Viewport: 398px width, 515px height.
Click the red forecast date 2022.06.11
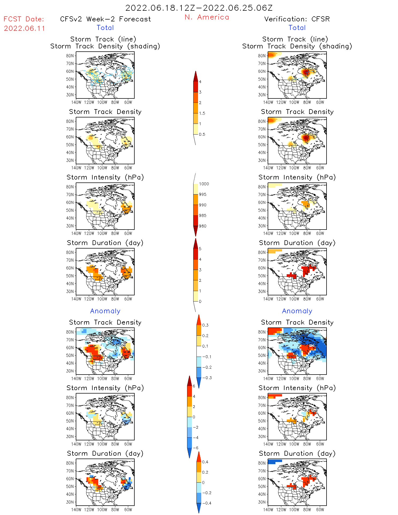[24, 28]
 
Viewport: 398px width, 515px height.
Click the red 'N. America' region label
[207, 17]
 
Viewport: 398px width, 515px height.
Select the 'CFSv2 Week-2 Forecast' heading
[105, 19]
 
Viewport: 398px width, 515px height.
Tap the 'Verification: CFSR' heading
[297, 19]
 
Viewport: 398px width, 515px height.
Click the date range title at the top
[199, 8]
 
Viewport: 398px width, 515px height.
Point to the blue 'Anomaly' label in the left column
[105, 311]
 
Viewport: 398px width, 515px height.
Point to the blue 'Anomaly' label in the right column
[297, 311]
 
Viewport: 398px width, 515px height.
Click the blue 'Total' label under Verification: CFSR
[297, 28]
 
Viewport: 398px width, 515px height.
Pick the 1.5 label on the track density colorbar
[202, 113]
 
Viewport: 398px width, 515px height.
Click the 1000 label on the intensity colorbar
[204, 184]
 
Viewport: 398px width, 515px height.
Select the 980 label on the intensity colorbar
[203, 226]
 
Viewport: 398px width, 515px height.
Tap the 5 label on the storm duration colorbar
[200, 249]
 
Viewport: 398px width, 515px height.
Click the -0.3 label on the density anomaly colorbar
[207, 378]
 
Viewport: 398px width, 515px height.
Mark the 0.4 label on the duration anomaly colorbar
[205, 462]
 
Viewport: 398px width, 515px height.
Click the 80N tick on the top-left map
[70, 56]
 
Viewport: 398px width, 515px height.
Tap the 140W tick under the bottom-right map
[268, 510]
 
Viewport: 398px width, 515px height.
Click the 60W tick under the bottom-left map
[128, 510]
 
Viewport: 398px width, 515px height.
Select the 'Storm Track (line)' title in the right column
[295, 39]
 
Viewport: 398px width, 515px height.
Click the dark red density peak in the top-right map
[306, 72]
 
